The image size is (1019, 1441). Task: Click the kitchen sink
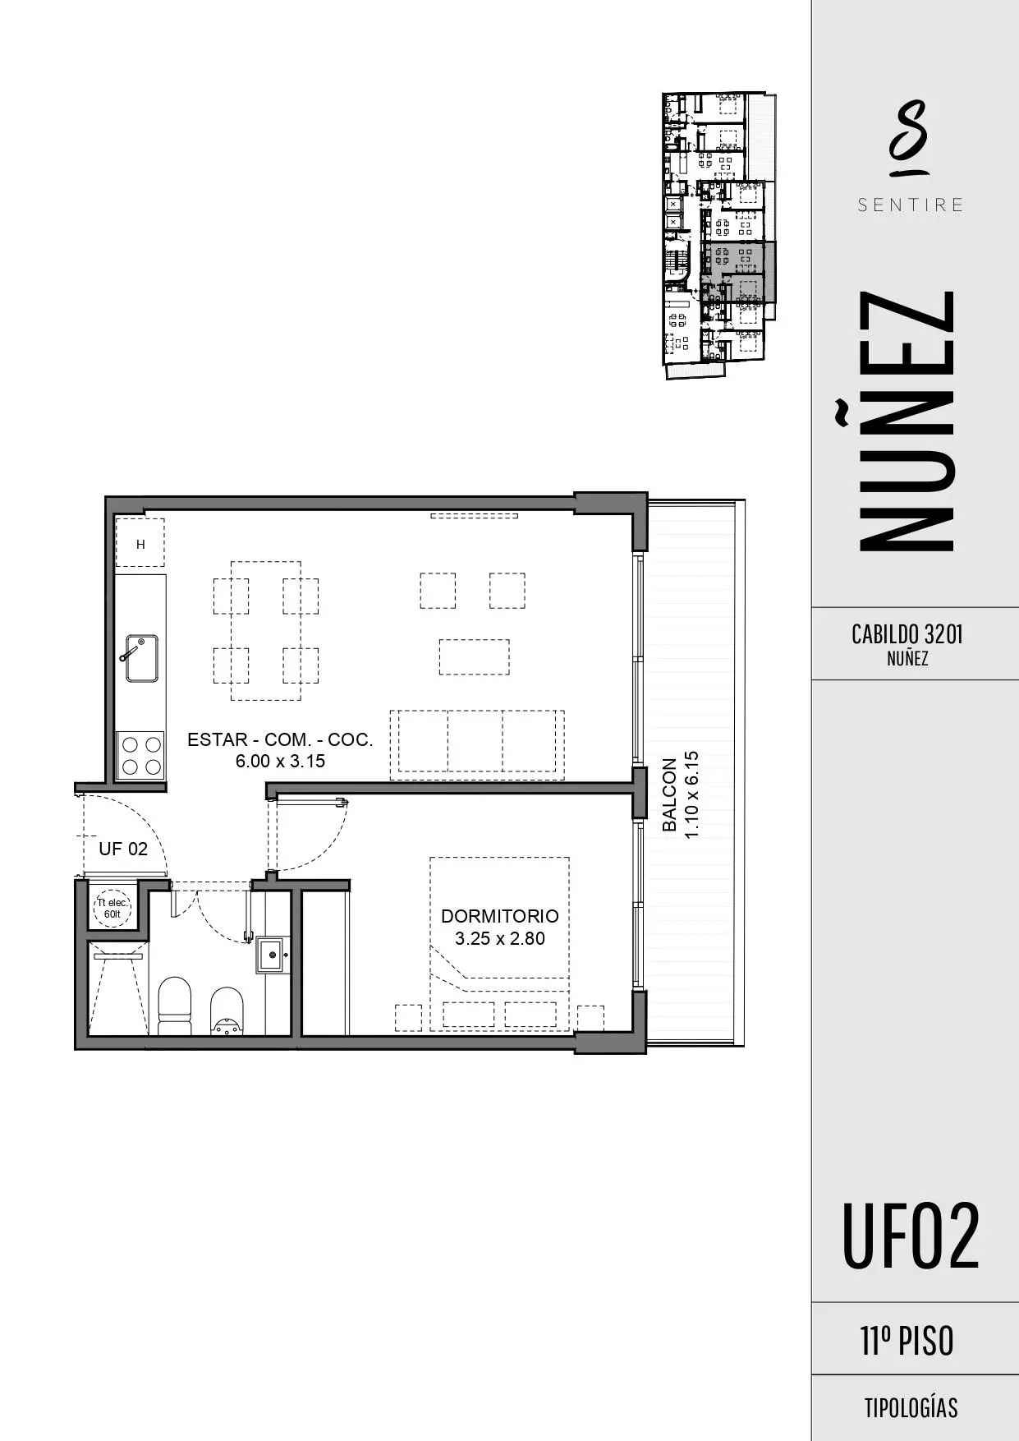coord(141,658)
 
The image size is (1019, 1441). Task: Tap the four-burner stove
coord(141,756)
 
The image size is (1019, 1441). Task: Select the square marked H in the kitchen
coord(140,543)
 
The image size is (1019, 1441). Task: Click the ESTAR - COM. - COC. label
coord(280,739)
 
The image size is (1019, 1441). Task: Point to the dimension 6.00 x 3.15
coord(280,762)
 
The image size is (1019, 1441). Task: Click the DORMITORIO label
coord(499,916)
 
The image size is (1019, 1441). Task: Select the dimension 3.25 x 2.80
coord(499,939)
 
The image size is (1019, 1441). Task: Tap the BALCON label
coord(670,794)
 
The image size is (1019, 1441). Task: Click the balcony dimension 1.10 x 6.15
coord(691,794)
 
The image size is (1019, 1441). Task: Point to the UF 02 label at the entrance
coord(123,849)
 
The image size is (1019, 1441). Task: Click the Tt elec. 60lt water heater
coord(112,908)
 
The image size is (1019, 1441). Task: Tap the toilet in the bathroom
coord(174,1005)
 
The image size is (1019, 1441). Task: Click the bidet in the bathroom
coord(227,1011)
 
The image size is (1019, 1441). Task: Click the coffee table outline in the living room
coord(474,656)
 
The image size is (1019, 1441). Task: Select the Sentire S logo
coord(909,138)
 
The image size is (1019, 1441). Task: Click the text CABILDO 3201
coord(907,634)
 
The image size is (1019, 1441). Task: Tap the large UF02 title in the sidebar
coord(911,1236)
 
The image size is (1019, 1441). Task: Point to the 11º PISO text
coord(907,1341)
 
